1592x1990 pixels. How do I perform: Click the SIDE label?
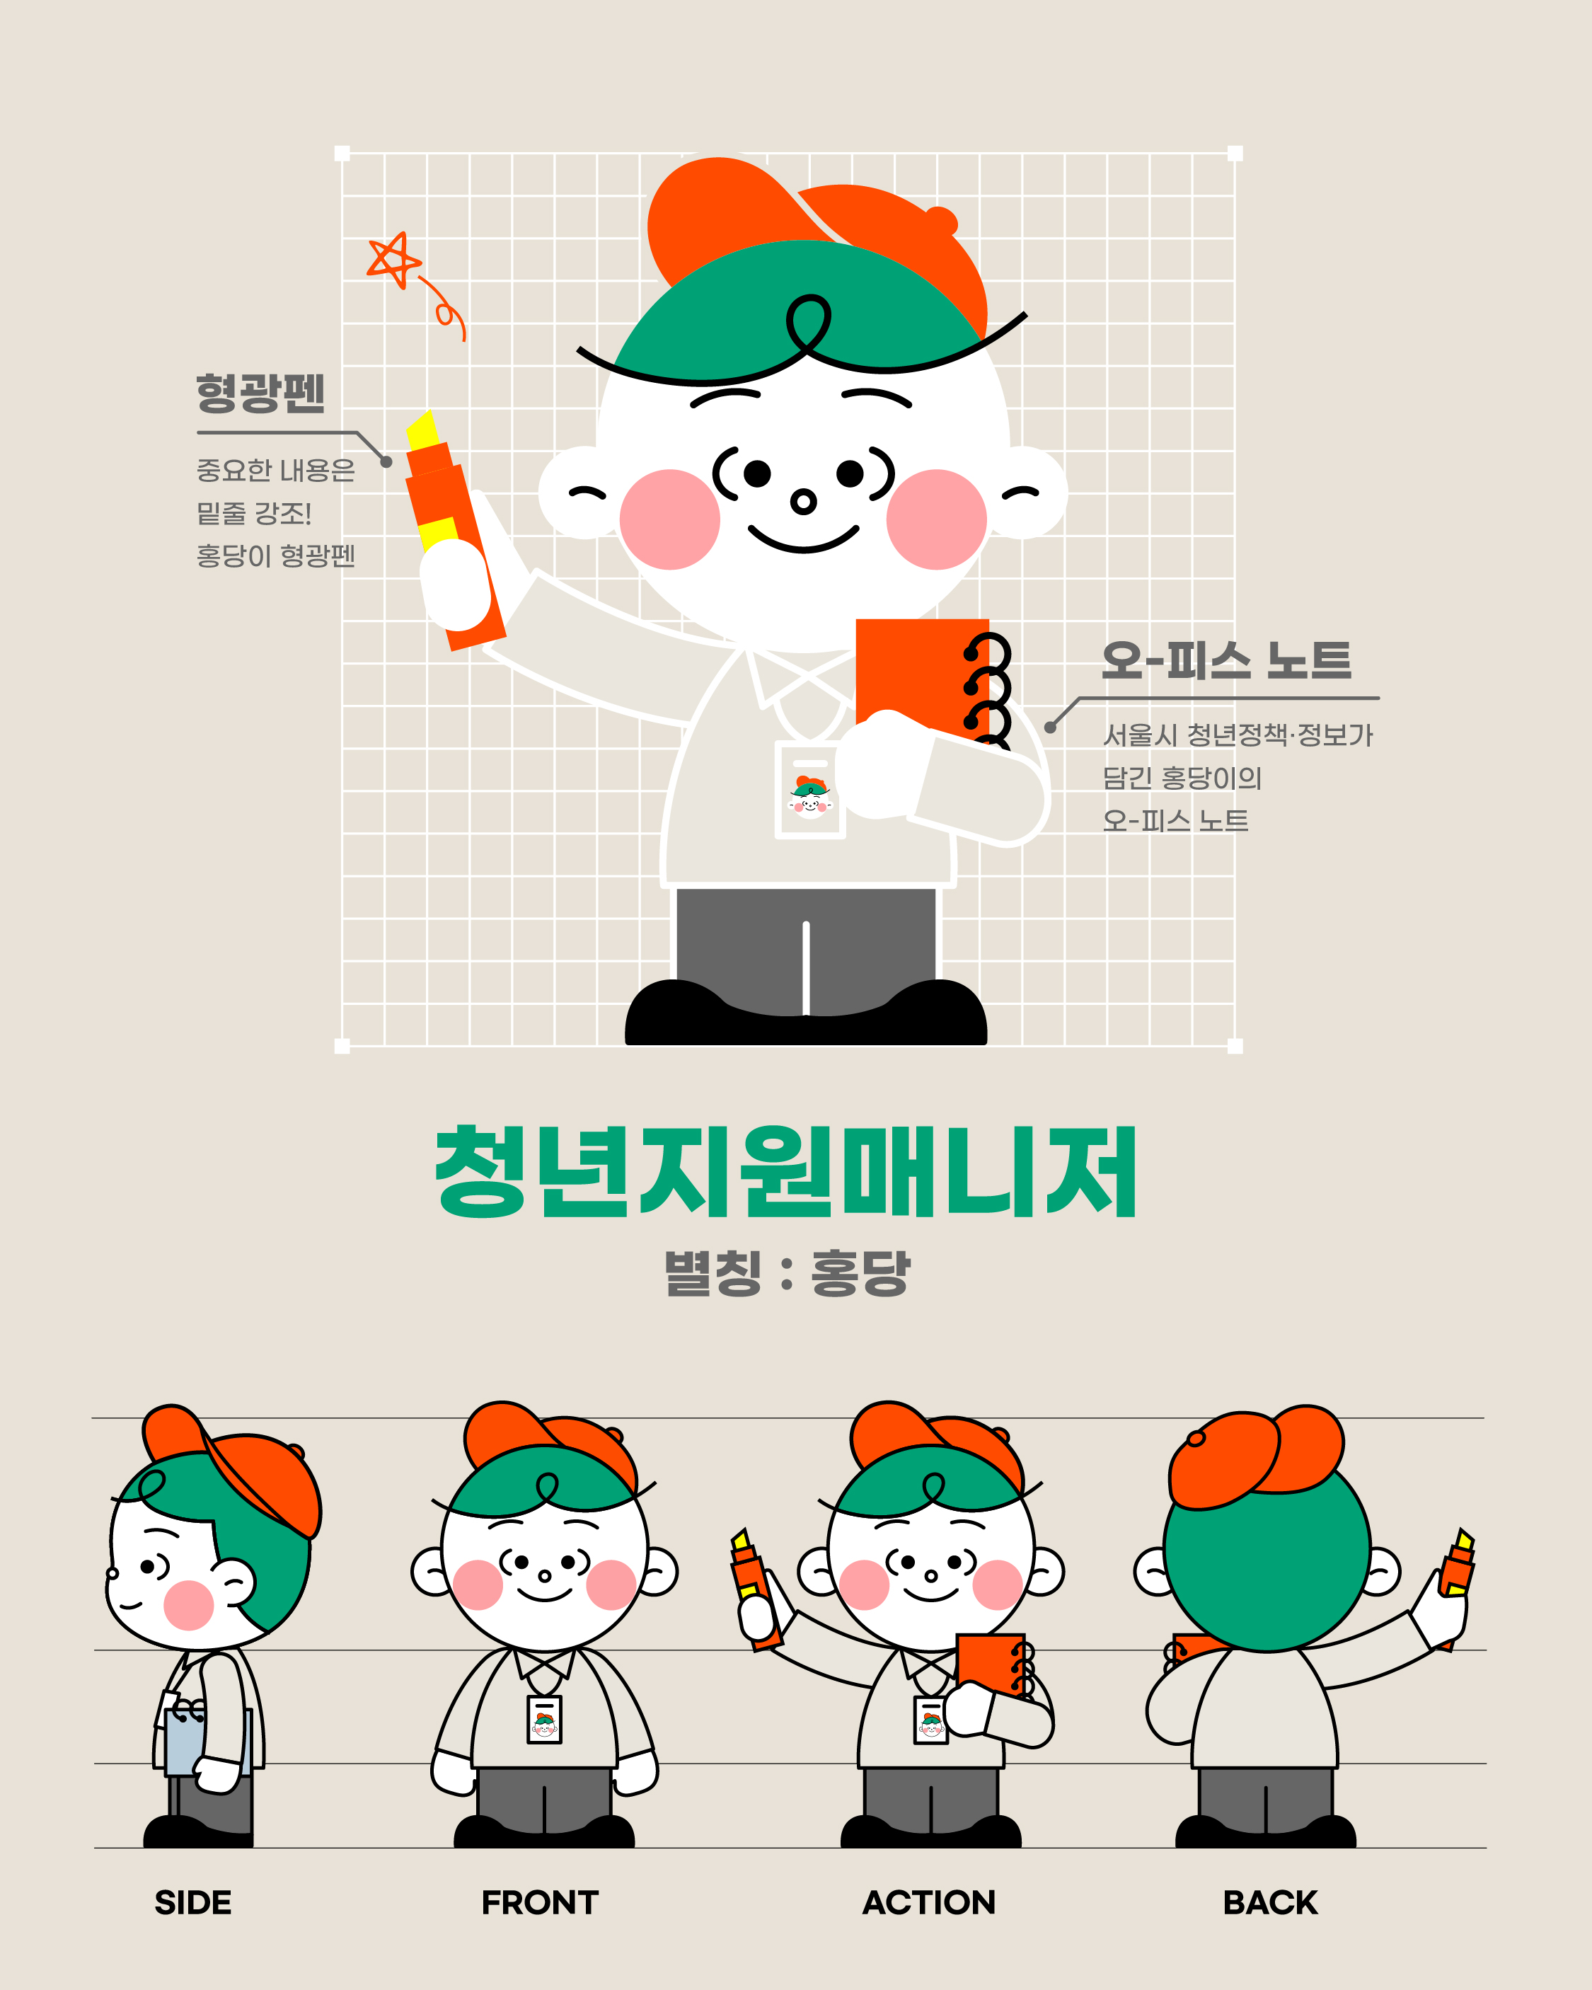coord(193,1902)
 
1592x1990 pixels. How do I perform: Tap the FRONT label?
coord(540,1902)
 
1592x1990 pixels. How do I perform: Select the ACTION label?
coord(928,1902)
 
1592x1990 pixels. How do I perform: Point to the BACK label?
coord(1270,1902)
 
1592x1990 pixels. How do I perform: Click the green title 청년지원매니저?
coord(786,1172)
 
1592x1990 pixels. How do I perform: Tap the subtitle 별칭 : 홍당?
coord(786,1273)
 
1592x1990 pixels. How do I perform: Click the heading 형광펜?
coord(260,392)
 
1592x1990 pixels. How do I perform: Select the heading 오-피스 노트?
coord(1226,661)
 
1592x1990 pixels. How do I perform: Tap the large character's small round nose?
coord(804,501)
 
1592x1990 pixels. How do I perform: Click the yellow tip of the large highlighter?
coord(422,430)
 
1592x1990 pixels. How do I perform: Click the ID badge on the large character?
coord(810,790)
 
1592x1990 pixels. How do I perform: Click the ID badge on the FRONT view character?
coord(545,1720)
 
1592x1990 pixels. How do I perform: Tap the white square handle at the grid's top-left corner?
coord(342,154)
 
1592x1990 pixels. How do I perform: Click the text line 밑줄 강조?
coord(254,513)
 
